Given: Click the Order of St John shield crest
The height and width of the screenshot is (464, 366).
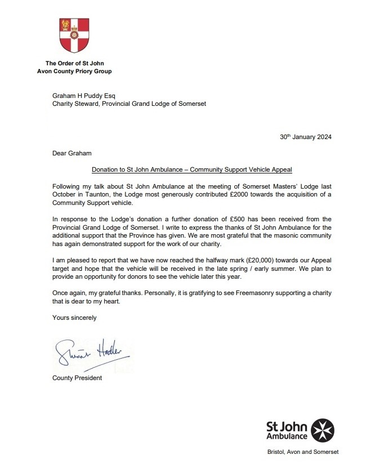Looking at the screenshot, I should (x=74, y=37).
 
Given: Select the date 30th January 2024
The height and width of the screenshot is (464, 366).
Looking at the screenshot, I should (x=310, y=137).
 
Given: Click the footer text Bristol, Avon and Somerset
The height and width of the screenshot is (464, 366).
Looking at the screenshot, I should (x=303, y=452).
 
